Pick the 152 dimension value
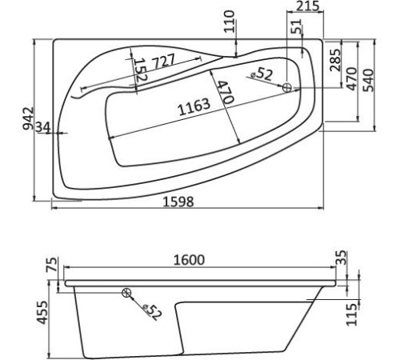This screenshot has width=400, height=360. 138,70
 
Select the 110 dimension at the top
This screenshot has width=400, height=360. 231,21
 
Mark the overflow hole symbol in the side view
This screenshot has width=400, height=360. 126,294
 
